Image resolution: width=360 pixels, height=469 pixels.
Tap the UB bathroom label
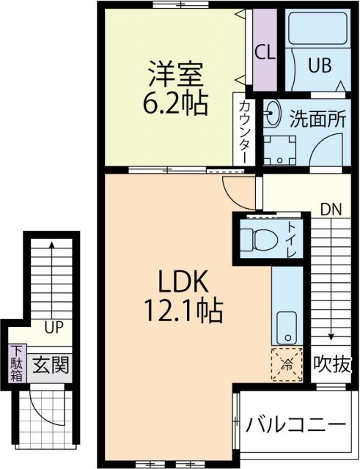tap(319, 64)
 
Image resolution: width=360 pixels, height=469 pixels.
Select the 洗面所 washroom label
tap(316, 118)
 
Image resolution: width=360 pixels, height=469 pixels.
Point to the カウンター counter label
tap(243, 130)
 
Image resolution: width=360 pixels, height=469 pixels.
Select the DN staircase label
tap(331, 208)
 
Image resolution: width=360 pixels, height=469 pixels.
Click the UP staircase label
tap(53, 328)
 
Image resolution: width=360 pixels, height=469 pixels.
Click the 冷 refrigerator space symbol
tap(287, 363)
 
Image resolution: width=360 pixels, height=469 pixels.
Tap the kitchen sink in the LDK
tap(287, 327)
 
